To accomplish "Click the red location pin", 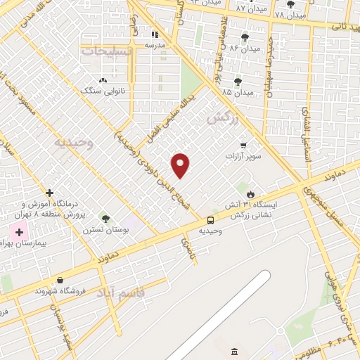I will [x=181, y=165].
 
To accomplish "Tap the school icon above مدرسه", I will [x=155, y=34].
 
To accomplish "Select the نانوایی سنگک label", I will [x=105, y=91].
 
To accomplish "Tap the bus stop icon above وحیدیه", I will [x=210, y=219].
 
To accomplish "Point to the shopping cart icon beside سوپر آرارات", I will [x=243, y=146].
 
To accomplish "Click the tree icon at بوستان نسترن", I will [x=106, y=219].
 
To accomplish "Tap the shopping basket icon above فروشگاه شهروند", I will [x=60, y=279].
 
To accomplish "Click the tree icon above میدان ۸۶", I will [x=245, y=37].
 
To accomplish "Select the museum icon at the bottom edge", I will [x=234, y=351].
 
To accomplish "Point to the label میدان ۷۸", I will [x=290, y=15].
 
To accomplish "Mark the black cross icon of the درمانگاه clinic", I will [x=49, y=193].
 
